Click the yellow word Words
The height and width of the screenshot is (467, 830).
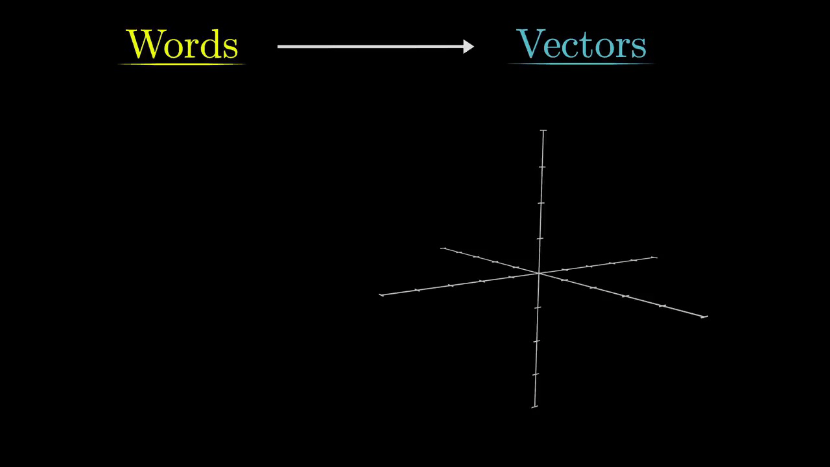pos(182,44)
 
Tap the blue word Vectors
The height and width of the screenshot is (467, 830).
pos(582,44)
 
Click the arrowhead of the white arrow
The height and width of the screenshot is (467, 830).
pos(469,46)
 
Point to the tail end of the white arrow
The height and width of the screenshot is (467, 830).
pos(279,46)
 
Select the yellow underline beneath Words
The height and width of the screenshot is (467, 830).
pos(182,64)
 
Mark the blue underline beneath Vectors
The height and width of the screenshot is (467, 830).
pos(582,64)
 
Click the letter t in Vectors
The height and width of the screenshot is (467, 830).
pos(585,45)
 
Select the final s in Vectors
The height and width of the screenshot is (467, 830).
pos(639,47)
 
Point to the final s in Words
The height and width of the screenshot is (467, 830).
pos(231,47)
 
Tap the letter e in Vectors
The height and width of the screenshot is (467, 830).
pos(553,47)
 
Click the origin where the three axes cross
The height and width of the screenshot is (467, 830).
pos(539,273)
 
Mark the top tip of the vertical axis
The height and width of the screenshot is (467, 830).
pos(543,130)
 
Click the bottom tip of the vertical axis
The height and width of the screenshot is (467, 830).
pos(534,407)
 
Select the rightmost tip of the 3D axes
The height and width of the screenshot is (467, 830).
pos(705,317)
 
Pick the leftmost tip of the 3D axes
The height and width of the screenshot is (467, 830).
pos(381,295)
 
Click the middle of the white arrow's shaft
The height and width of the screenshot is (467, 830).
pos(373,46)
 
